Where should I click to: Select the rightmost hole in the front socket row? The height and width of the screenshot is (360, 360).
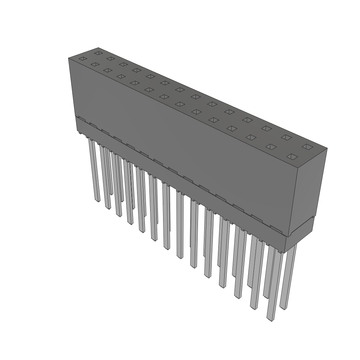tap(292, 156)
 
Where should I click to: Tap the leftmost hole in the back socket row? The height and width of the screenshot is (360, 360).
tap(98, 53)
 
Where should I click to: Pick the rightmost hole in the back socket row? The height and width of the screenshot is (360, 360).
tap(307, 147)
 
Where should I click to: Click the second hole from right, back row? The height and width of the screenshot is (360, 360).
tap(286, 137)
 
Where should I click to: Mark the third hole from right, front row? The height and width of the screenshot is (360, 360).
tap(251, 137)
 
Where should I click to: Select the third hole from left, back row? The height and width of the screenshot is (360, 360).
tap(123, 64)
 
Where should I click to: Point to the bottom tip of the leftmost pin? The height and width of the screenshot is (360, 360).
tap(97, 201)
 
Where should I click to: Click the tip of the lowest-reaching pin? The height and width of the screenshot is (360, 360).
tap(270, 319)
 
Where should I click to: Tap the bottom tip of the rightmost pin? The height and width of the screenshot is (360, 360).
tap(283, 308)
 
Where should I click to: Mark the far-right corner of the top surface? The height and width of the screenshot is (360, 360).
tap(327, 148)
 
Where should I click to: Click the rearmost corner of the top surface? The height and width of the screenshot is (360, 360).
tap(98, 47)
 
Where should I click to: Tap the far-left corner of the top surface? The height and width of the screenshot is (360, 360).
tap(68, 58)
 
